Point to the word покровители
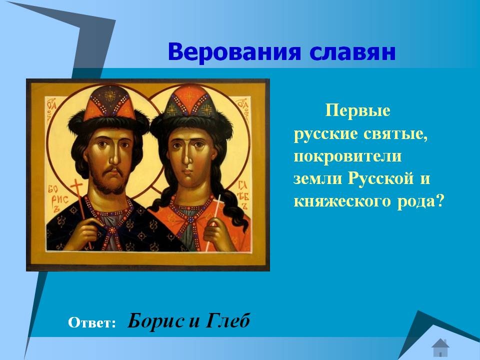tap(347, 156)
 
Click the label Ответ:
tap(92, 322)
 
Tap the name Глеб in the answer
tap(228, 321)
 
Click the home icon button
tap(440, 347)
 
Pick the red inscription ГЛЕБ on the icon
tap(243, 195)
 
